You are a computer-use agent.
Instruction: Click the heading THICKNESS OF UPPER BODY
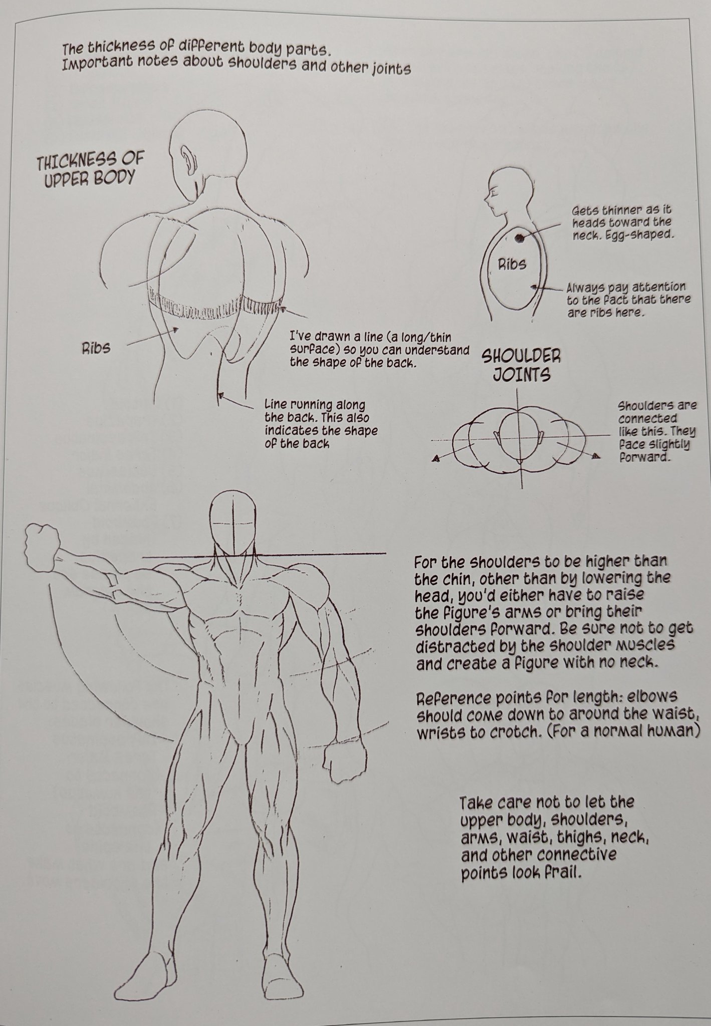point(90,170)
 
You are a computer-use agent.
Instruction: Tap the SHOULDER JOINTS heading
point(521,365)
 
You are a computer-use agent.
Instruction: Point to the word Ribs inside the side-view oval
point(512,264)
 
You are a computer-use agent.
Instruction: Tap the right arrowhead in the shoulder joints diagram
point(596,455)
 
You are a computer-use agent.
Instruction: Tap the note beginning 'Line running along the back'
point(321,423)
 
